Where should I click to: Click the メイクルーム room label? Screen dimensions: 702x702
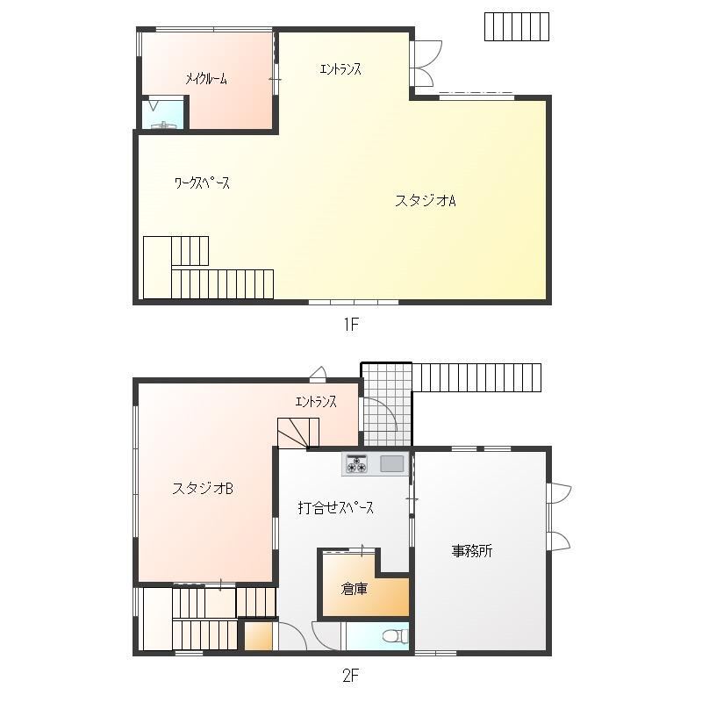coord(206,79)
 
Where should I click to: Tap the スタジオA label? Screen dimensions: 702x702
coord(426,200)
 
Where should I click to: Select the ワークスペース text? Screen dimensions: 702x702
coord(202,183)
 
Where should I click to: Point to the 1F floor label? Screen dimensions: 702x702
coord(352,324)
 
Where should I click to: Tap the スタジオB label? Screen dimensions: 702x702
coord(203,488)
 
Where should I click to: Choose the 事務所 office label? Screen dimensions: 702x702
coord(472,551)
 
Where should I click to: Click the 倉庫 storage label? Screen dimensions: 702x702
coord(355,589)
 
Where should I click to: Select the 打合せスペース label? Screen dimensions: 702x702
coord(336,508)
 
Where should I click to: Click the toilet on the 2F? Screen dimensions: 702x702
coord(396,636)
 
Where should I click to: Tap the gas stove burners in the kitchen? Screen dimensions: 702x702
coord(356,464)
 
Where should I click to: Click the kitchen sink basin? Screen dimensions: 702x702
coord(391,464)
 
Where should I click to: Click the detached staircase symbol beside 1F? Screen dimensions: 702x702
coord(517,27)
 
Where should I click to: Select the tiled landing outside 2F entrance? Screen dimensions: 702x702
coord(387,405)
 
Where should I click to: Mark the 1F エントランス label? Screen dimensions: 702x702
coord(340,69)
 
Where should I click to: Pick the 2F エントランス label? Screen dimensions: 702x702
coord(316,402)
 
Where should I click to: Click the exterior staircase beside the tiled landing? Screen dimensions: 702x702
coord(476,377)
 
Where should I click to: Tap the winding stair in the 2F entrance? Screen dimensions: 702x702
coord(298,433)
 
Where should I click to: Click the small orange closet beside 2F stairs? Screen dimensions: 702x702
coord(258,636)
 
